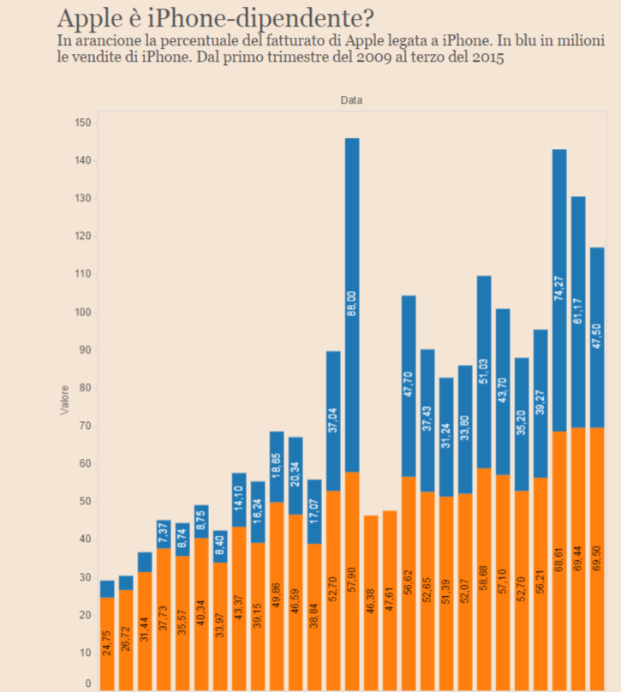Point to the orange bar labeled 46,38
tap(371, 600)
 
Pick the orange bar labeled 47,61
tap(390, 600)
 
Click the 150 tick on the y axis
tap(82, 123)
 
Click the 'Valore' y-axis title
tap(65, 402)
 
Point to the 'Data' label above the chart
tap(351, 100)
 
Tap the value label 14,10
tap(239, 498)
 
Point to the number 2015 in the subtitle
tap(484, 58)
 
